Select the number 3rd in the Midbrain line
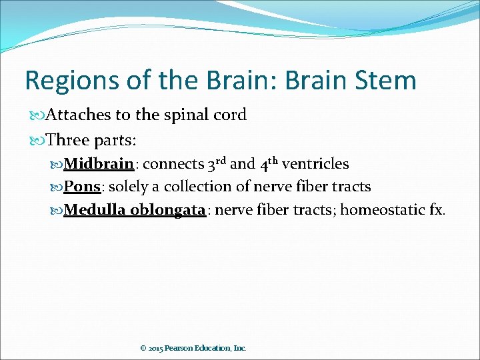click(x=217, y=163)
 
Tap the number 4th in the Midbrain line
click(x=269, y=163)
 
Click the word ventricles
click(x=315, y=164)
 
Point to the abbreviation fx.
click(x=437, y=210)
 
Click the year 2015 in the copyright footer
click(x=156, y=348)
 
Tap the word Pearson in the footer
click(x=181, y=348)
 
